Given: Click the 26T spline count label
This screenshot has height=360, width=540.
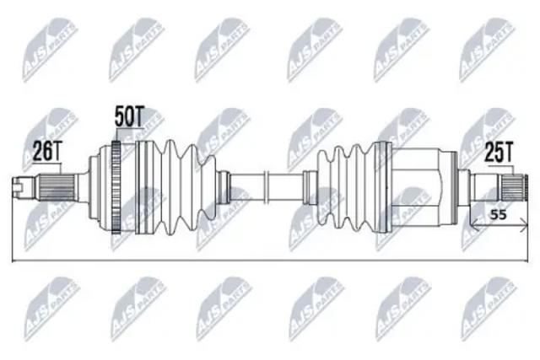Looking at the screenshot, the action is [x=46, y=152].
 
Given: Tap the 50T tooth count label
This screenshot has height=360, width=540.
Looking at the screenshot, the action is [x=128, y=116].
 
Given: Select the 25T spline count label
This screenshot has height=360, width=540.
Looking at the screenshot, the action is [x=499, y=153].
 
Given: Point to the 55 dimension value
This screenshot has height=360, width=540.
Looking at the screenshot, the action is [x=498, y=215].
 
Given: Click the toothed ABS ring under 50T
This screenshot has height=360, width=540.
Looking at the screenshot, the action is [x=116, y=187].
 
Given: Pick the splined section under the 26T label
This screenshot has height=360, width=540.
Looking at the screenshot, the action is [x=57, y=187].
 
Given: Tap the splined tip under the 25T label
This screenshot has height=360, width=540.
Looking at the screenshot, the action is [x=513, y=187].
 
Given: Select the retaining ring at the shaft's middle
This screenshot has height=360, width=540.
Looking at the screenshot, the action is [x=266, y=187].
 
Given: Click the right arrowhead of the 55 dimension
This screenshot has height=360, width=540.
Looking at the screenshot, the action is [x=525, y=225].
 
